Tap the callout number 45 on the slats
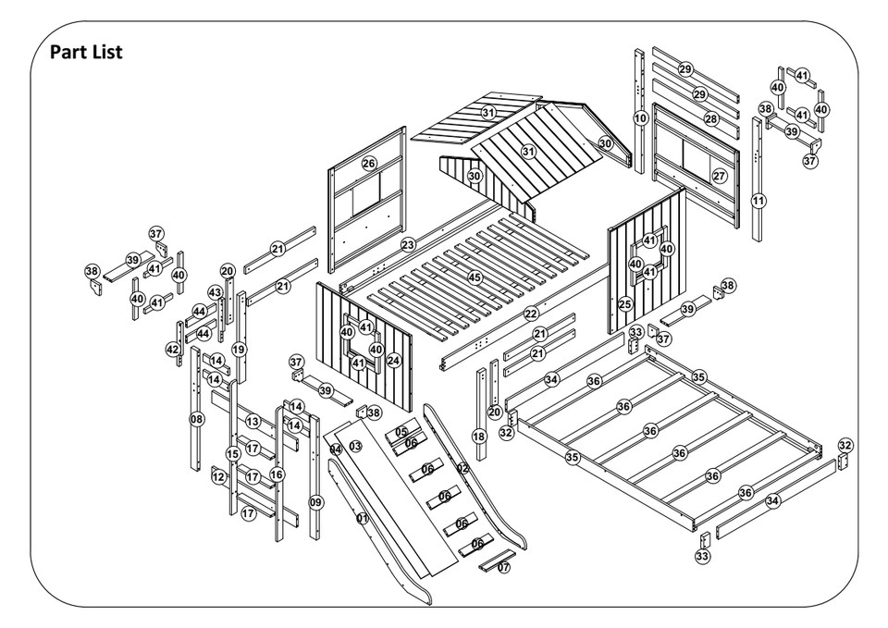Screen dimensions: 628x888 (475, 277)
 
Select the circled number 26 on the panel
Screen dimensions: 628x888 (369, 164)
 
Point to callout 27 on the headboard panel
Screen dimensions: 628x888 (719, 176)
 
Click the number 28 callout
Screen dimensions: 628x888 (710, 119)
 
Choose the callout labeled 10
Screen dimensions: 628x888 (640, 118)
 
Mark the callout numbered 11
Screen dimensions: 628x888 (758, 200)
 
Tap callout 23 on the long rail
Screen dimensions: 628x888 (408, 245)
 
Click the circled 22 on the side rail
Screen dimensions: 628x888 (531, 314)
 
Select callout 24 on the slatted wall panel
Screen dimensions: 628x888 (393, 360)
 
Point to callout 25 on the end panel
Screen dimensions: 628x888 (625, 303)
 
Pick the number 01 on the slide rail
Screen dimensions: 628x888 (363, 519)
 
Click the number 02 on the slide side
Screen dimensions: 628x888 (462, 469)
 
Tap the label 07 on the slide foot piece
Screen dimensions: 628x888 (503, 567)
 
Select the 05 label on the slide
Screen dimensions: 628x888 (401, 432)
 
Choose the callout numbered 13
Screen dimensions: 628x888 (252, 421)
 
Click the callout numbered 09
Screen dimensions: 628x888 (316, 502)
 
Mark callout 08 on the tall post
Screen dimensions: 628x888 (197, 419)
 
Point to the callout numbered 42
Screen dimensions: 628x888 (172, 350)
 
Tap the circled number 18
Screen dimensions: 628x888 (478, 436)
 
